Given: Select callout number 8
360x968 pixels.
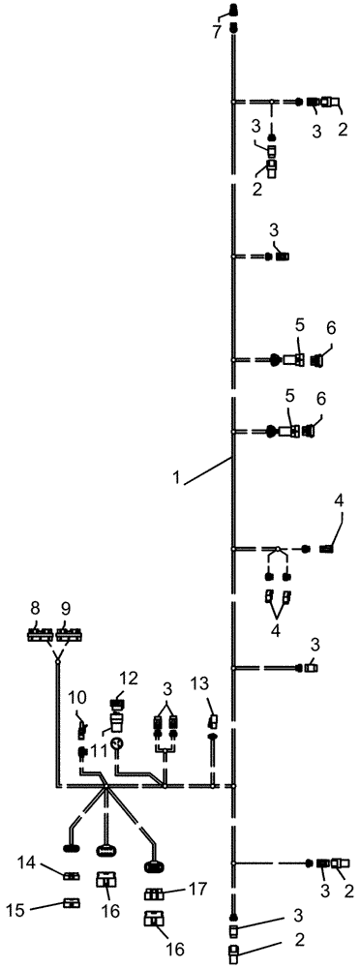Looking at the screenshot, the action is click(x=37, y=609).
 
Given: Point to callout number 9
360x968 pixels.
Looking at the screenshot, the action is click(x=67, y=609).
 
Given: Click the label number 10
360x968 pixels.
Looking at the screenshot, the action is click(x=77, y=696).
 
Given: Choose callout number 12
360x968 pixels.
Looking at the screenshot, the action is click(x=129, y=678).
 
